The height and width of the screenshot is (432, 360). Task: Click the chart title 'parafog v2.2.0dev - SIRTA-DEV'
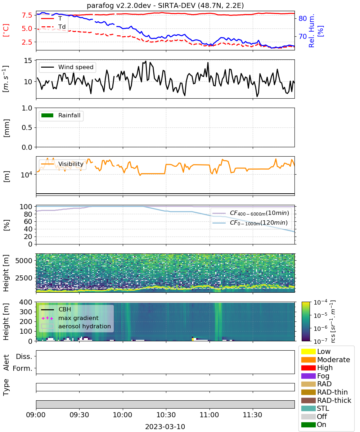141,5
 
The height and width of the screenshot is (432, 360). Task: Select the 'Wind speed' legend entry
67,67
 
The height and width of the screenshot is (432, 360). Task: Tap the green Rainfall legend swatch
47,115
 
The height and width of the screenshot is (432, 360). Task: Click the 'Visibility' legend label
71,164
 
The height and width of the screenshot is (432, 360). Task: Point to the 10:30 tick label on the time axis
166,415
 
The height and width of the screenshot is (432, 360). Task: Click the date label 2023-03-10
165,426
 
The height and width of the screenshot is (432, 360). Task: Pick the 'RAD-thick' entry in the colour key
326,400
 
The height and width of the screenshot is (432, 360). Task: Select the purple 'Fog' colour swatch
308,376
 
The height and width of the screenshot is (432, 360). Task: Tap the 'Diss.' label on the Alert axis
24,356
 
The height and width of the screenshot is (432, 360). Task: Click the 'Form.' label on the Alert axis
23,368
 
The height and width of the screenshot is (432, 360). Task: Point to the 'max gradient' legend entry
70,318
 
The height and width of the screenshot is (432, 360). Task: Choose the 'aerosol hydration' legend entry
76,326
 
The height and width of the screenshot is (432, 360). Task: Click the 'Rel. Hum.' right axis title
311,31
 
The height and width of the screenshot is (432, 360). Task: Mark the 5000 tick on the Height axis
24,261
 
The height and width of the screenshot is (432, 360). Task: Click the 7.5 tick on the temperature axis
27,15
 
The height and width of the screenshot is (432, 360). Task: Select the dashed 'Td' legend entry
53,27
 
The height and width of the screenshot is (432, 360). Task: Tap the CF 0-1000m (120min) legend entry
250,222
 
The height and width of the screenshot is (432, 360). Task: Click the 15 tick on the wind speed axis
28,60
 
